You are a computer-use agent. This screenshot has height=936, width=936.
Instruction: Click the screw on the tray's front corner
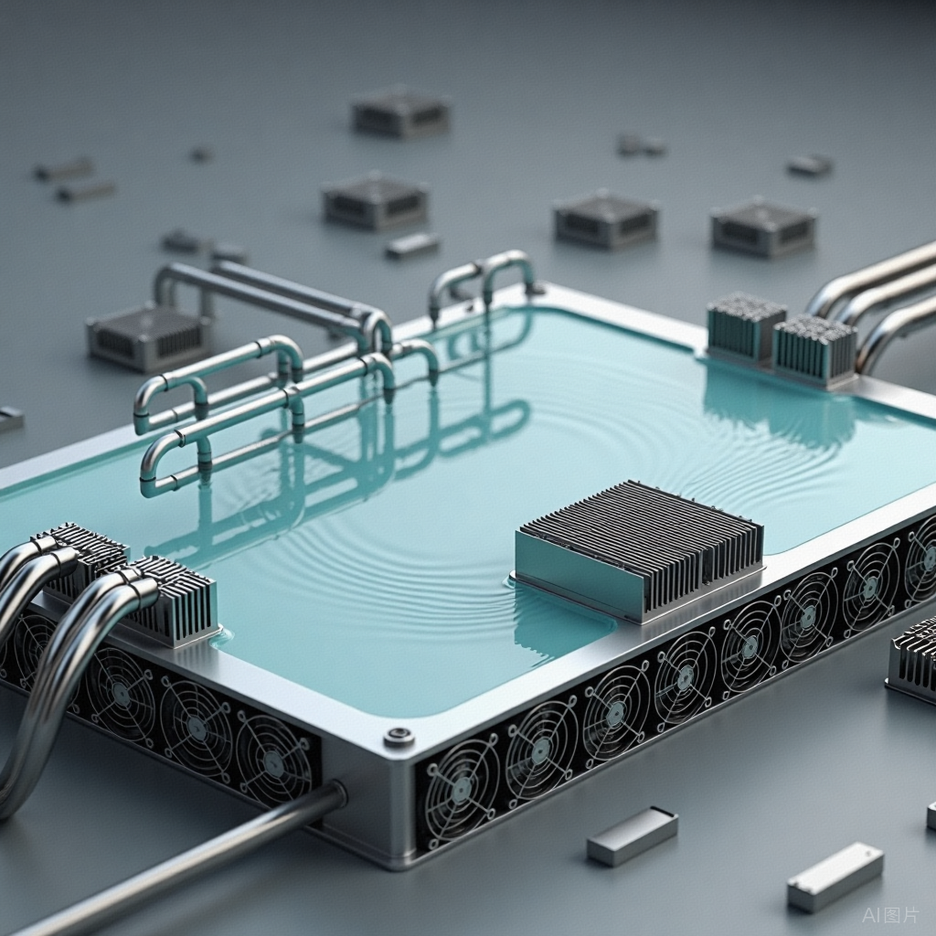[x=399, y=738]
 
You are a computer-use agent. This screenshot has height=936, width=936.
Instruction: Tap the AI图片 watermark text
[x=889, y=914]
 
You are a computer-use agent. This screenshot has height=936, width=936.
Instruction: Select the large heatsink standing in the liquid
[x=639, y=550]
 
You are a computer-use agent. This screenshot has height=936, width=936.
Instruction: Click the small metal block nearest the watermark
[x=835, y=877]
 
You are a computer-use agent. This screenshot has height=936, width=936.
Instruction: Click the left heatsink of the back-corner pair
[x=745, y=326]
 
